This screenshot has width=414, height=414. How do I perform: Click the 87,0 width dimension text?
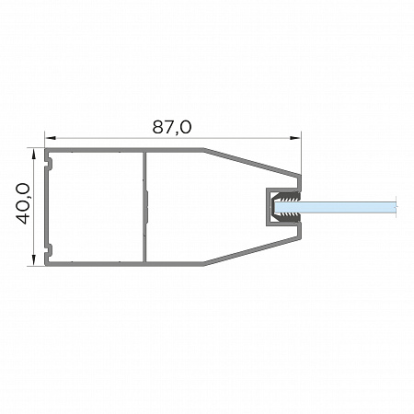click(172, 127)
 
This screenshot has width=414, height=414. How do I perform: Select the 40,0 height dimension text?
click(23, 203)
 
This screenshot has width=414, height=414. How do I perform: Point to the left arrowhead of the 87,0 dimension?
click(51, 138)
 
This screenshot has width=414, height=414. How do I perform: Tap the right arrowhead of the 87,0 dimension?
click(295, 138)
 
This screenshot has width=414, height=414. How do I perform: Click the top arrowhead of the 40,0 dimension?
click(33, 155)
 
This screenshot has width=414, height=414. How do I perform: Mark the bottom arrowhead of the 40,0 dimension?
click(33, 259)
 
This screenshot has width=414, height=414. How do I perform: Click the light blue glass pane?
click(335, 207)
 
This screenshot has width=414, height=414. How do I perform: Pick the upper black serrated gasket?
click(287, 197)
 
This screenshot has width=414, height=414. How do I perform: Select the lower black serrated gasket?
click(287, 218)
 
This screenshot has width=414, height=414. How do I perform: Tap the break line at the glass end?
click(397, 207)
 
